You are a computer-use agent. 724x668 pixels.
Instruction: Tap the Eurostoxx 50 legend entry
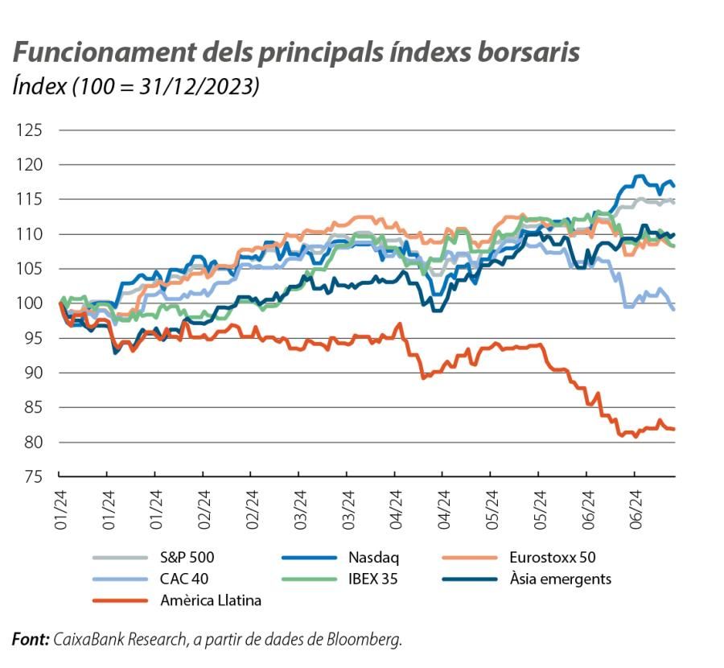coord(552,556)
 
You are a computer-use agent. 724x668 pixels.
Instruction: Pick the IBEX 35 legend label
coord(374,578)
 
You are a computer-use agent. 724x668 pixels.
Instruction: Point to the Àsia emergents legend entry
coord(560,578)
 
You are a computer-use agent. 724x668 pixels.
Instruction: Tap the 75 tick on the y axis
coord(33,476)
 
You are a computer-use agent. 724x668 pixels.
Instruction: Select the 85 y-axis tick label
coord(33,407)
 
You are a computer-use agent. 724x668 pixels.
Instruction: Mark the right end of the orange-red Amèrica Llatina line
coord(674,429)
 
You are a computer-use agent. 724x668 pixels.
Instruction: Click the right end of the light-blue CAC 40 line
coord(674,309)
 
